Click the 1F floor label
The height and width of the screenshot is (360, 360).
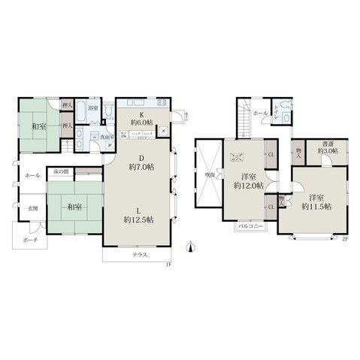170,262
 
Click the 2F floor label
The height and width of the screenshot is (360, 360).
344,239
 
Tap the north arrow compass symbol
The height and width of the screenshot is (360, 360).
190,245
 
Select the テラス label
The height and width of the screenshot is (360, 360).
141,256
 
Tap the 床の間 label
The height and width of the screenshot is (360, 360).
60,172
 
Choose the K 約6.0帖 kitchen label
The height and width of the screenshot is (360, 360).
141,116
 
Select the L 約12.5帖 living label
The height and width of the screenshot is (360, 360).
140,214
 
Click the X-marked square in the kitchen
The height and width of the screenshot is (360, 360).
164,129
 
